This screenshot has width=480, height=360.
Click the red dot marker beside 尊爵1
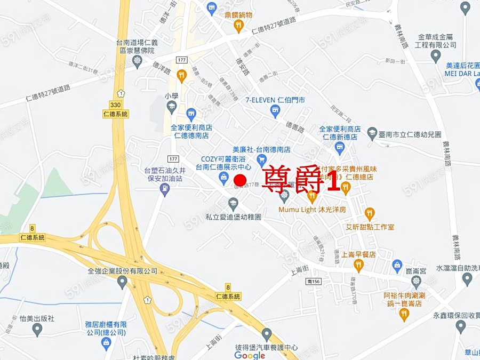(240, 180)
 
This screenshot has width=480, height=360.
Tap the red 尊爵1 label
(302, 180)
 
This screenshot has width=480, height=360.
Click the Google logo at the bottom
(250, 355)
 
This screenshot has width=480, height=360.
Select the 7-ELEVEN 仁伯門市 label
(275, 100)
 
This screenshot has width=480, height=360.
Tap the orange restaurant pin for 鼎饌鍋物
(239, 25)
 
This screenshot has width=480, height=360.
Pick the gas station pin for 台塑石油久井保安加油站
(165, 189)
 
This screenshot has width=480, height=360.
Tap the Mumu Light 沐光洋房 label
(312, 210)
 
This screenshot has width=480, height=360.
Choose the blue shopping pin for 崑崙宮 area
(397, 265)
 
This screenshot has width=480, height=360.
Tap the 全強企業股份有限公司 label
(123, 271)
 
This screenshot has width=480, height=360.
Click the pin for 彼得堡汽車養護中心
(267, 334)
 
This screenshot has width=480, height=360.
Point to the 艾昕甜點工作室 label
(370, 227)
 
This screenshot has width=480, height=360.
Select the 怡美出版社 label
(37, 318)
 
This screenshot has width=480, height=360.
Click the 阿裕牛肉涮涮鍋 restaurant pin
(404, 315)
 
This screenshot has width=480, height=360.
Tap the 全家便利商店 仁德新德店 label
(340, 133)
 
